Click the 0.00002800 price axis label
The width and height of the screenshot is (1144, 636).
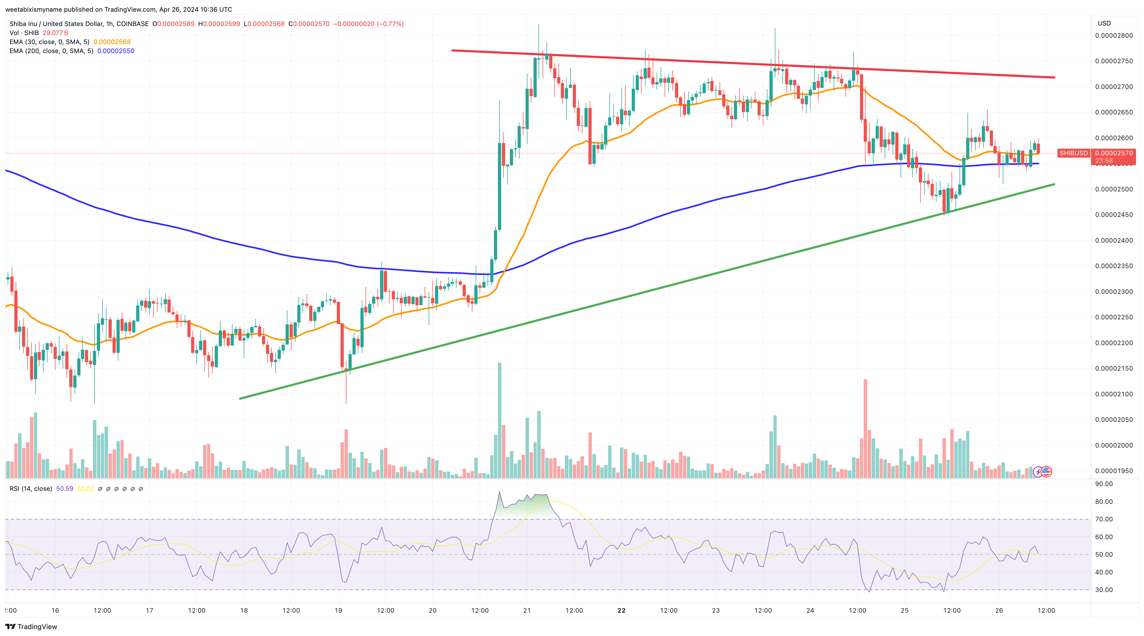(1114, 36)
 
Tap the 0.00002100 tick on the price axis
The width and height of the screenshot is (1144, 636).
(1114, 394)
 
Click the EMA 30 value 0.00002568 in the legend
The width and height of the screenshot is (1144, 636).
(112, 42)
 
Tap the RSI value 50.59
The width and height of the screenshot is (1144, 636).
(64, 489)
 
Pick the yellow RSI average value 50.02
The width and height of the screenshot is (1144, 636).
(86, 489)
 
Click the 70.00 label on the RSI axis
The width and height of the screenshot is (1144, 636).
(1104, 519)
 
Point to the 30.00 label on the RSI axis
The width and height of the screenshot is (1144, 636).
(1104, 590)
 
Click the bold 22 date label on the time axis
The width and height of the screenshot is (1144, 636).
(621, 610)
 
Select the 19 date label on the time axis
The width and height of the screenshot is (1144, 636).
(338, 610)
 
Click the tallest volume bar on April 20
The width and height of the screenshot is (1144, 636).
(500, 420)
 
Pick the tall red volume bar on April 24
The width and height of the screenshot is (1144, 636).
(865, 429)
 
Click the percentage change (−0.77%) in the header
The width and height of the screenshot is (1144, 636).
(390, 24)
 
